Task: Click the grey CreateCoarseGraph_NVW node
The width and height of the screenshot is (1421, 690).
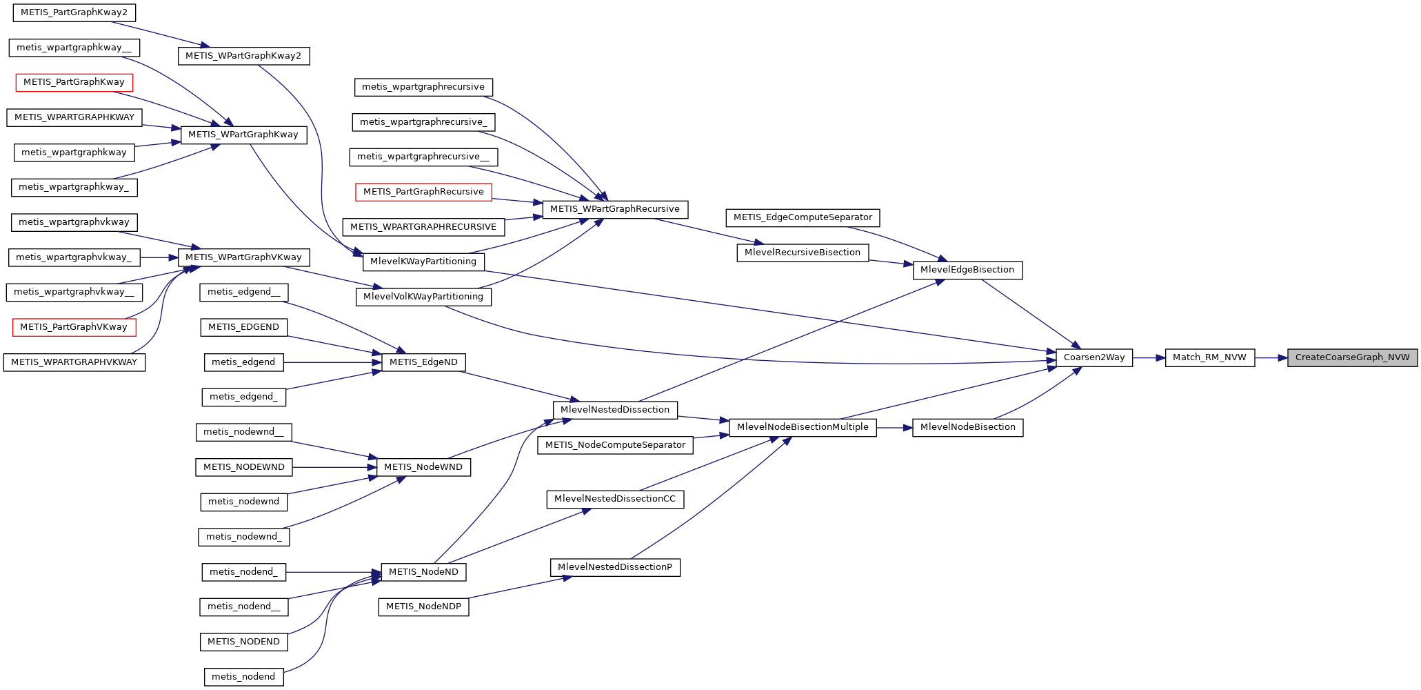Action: pyautogui.click(x=1352, y=357)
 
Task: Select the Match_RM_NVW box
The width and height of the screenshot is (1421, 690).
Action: pyautogui.click(x=1209, y=357)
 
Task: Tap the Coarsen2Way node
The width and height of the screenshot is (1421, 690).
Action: pyautogui.click(x=1094, y=357)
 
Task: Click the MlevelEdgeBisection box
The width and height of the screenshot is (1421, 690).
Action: pyautogui.click(x=967, y=270)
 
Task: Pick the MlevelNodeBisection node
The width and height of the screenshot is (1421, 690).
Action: pyautogui.click(x=967, y=427)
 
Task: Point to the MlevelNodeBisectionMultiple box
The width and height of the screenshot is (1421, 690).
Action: pyautogui.click(x=802, y=427)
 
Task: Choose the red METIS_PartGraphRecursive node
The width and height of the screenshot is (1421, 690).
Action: pyautogui.click(x=423, y=192)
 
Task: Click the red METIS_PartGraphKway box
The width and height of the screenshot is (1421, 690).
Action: pyautogui.click(x=74, y=82)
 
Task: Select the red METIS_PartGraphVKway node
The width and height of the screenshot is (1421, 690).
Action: pyautogui.click(x=74, y=327)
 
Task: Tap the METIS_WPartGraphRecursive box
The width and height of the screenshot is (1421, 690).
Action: pyautogui.click(x=614, y=209)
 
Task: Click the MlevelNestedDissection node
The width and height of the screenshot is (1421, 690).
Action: pyautogui.click(x=614, y=410)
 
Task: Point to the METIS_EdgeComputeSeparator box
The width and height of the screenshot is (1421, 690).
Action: pyautogui.click(x=803, y=217)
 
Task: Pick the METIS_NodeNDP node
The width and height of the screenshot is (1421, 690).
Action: pyautogui.click(x=423, y=607)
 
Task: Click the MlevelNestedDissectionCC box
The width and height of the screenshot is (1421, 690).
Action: pyautogui.click(x=614, y=499)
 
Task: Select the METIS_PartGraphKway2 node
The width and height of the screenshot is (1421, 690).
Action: pyautogui.click(x=74, y=12)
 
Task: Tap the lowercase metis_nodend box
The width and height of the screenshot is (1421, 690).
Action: pyautogui.click(x=243, y=677)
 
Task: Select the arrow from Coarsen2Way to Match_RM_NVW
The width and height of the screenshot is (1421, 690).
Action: pyautogui.click(x=1149, y=357)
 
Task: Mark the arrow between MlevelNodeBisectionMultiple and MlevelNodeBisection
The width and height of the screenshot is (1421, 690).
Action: pyautogui.click(x=894, y=428)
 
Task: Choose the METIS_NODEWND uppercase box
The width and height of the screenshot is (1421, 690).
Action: pyautogui.click(x=243, y=467)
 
